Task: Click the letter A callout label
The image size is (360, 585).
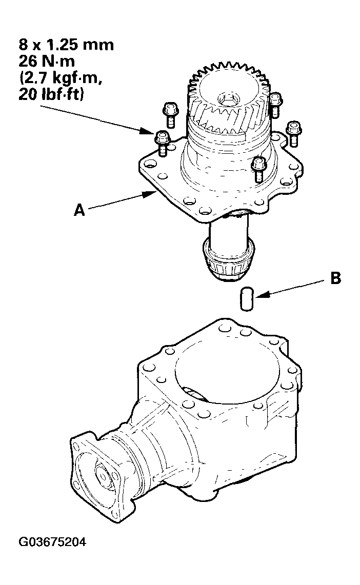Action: [79, 210]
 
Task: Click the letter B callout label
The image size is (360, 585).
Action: [336, 278]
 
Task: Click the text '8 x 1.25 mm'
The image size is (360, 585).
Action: [64, 45]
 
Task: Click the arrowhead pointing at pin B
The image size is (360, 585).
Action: [259, 296]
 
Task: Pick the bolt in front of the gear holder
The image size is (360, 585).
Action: [259, 168]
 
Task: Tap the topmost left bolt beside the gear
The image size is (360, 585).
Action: [169, 113]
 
